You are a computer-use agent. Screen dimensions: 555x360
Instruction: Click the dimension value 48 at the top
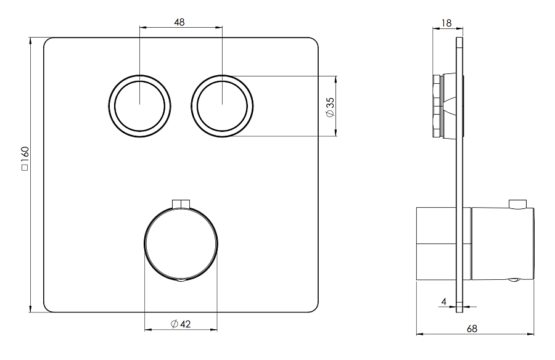click(x=179, y=22)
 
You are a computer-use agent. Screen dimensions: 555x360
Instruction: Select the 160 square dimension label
click(x=25, y=158)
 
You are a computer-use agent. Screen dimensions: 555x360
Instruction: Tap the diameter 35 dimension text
click(x=330, y=108)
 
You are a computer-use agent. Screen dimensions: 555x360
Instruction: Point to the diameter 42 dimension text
click(x=181, y=324)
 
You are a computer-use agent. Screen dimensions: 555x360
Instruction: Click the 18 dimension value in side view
click(x=446, y=23)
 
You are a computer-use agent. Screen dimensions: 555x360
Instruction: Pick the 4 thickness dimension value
click(x=444, y=301)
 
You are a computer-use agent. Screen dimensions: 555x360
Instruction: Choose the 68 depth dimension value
click(x=472, y=329)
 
